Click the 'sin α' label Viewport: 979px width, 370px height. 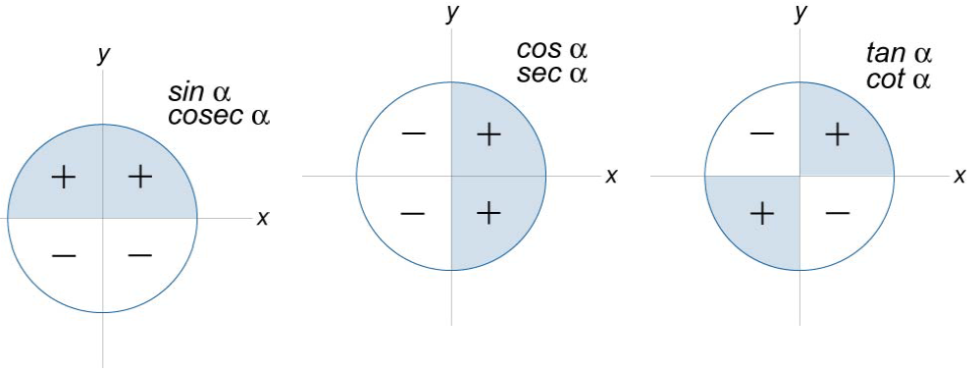[x=199, y=93]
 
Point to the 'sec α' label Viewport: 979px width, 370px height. [x=551, y=74]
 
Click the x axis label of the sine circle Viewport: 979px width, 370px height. [x=263, y=218]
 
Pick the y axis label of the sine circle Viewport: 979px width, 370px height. [x=103, y=56]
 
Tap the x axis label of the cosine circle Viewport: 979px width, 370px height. [x=611, y=177]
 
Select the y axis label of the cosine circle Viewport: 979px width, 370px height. [x=452, y=14]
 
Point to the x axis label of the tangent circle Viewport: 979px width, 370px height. [x=960, y=177]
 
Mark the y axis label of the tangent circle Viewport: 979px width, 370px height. [x=801, y=14]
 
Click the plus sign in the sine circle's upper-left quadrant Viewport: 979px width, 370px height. [x=63, y=178]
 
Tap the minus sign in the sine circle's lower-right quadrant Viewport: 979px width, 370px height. [x=140, y=255]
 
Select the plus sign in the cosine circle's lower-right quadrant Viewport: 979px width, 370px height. [x=489, y=213]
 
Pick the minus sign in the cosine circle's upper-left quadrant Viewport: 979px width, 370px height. [x=413, y=134]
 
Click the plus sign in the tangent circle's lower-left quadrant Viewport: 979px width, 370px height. [x=761, y=213]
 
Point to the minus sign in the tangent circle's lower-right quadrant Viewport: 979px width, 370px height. [x=837, y=213]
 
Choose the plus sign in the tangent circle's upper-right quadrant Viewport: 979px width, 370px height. [x=837, y=134]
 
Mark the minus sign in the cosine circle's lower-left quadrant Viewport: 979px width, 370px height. [x=413, y=213]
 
